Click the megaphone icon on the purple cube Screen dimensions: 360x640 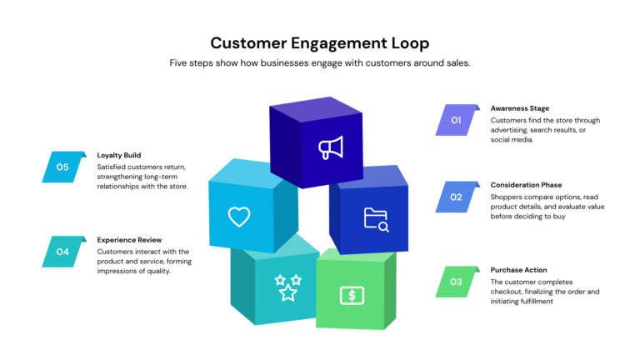(x=331, y=148)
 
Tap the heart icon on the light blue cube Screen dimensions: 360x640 (x=239, y=217)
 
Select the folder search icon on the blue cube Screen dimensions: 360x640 (x=376, y=219)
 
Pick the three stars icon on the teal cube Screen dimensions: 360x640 (x=287, y=287)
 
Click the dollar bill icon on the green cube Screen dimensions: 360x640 (x=352, y=295)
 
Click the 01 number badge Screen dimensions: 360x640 (x=457, y=120)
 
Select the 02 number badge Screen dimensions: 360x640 (x=457, y=197)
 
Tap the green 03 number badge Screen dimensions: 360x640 (x=457, y=282)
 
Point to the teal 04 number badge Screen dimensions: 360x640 (x=63, y=252)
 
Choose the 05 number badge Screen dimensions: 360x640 (x=63, y=167)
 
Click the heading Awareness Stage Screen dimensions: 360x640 (x=520, y=108)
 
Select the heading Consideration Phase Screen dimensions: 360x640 (x=526, y=185)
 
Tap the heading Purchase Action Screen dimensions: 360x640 (x=518, y=269)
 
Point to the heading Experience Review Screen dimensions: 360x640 (x=129, y=239)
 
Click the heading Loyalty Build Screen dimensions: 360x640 (x=119, y=155)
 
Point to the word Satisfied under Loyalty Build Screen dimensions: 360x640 (x=113, y=167)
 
